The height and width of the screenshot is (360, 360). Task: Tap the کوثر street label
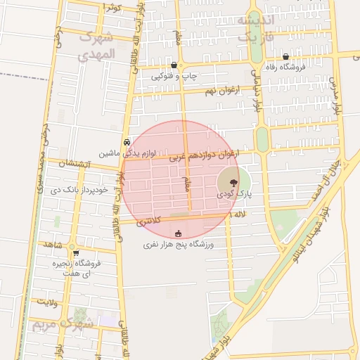click(x=113, y=7)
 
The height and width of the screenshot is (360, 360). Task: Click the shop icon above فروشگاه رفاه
click(x=285, y=57)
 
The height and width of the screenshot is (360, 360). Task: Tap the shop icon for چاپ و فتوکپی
click(x=174, y=65)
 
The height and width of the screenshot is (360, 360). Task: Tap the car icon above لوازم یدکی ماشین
click(x=127, y=141)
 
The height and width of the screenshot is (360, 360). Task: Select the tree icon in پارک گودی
click(x=233, y=180)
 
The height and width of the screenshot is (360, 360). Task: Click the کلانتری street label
click(x=148, y=221)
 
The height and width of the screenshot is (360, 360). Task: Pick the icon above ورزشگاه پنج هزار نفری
click(x=178, y=234)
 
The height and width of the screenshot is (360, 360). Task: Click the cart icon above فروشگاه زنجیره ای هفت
click(x=76, y=253)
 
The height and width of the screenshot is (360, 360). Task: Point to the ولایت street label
click(x=46, y=302)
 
